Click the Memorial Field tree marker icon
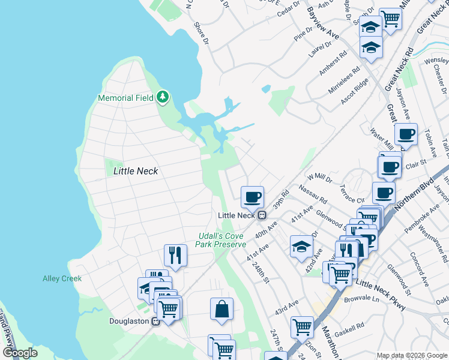click(162, 97)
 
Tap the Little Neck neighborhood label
click(136, 171)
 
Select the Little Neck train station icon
click(262, 215)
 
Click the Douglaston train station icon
click(156, 321)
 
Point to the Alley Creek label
click(62, 278)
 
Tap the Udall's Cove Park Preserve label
click(221, 240)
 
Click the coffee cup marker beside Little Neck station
click(252, 196)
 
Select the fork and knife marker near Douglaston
click(175, 255)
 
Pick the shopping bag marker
click(221, 309)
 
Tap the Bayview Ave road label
click(323, 24)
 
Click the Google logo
click(20, 353)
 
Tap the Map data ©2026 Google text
click(412, 355)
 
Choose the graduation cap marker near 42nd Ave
click(301, 247)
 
